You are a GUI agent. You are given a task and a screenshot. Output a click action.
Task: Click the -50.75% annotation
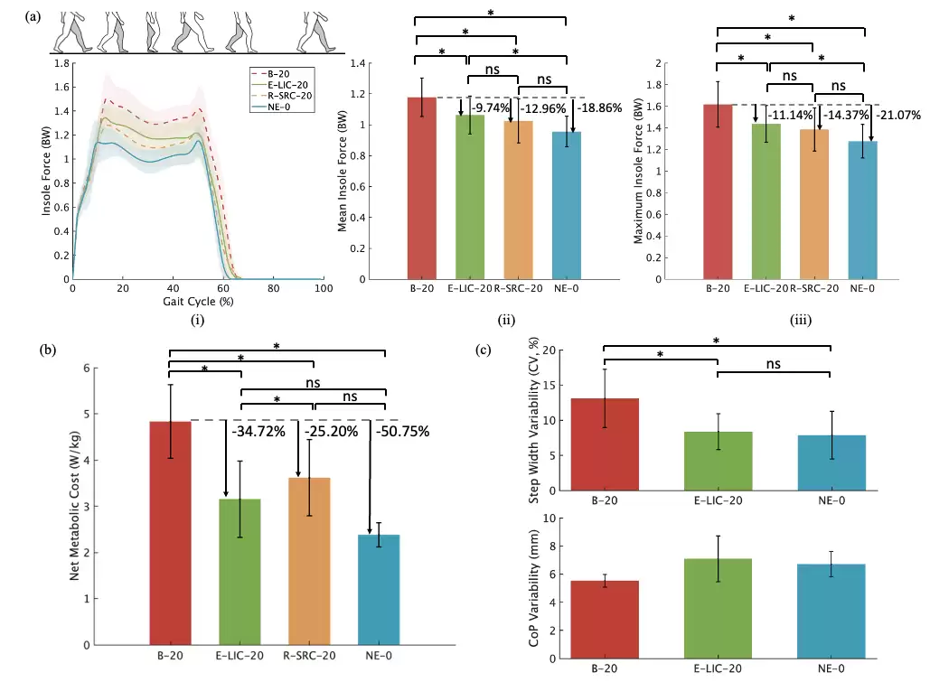click(401, 432)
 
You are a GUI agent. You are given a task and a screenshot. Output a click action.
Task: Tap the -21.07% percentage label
click(894, 115)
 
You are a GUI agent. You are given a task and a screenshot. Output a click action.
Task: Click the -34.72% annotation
click(258, 432)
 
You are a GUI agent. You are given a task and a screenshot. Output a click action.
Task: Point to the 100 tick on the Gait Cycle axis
click(324, 287)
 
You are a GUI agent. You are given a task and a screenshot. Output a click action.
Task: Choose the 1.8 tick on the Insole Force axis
click(60, 63)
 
